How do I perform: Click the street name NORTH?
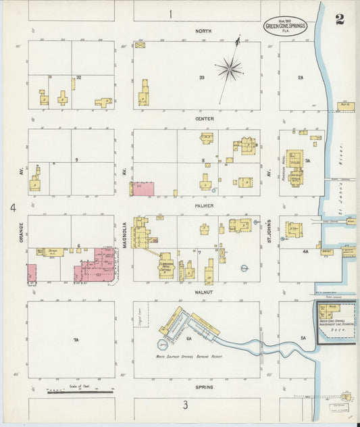(203, 31)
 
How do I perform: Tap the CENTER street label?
(204, 119)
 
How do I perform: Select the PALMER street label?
(205, 205)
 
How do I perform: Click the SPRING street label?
(204, 387)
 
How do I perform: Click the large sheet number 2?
(339, 19)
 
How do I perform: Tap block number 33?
(201, 78)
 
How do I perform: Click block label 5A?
(303, 338)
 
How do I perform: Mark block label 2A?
(301, 78)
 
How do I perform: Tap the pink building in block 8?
(143, 189)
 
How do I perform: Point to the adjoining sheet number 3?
(184, 405)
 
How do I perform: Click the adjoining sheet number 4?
(12, 207)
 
